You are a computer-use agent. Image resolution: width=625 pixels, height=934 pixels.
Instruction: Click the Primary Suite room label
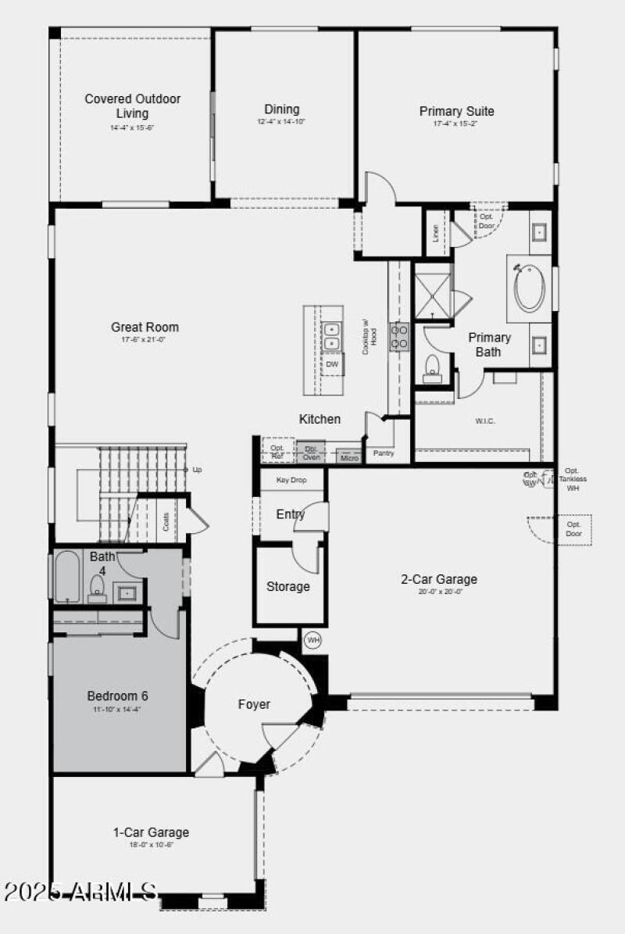click(x=456, y=111)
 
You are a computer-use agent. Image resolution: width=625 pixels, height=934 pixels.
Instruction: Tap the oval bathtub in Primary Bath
click(x=529, y=288)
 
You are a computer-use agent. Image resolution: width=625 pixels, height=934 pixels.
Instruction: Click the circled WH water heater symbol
click(x=312, y=640)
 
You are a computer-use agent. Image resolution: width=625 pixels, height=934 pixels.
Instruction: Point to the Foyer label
click(x=254, y=704)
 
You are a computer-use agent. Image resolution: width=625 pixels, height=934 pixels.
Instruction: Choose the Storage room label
click(x=288, y=586)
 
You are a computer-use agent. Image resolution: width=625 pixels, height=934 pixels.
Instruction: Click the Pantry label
click(x=384, y=453)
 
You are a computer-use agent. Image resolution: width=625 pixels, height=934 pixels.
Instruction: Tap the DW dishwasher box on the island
click(x=332, y=363)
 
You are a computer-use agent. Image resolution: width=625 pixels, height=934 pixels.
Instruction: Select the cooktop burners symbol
click(x=399, y=336)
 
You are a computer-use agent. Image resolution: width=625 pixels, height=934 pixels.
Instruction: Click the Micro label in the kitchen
click(x=349, y=457)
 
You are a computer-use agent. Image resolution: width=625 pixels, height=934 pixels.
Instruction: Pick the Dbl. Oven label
click(x=311, y=453)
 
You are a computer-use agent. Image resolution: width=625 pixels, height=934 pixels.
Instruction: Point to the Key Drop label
click(x=291, y=479)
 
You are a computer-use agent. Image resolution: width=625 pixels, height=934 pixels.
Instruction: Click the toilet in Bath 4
click(x=98, y=587)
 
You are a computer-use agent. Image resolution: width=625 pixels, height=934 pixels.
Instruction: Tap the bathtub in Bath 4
click(x=67, y=577)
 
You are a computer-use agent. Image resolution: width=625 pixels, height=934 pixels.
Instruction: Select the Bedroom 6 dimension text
click(x=118, y=709)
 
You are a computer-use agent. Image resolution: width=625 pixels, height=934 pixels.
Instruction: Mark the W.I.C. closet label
click(x=485, y=421)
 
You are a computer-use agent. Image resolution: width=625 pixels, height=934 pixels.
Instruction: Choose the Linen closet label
click(x=436, y=232)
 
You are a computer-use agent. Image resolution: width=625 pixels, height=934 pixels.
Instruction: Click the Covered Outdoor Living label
click(x=133, y=106)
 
